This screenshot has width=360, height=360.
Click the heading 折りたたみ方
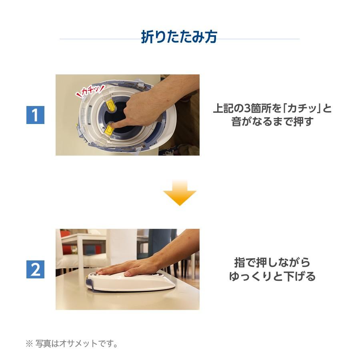click(x=179, y=37)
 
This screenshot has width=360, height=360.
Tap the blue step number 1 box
click(x=35, y=115)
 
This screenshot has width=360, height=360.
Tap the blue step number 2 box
click(x=35, y=269)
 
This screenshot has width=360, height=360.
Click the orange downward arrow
click(x=180, y=193)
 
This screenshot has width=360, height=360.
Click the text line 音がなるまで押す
click(x=272, y=122)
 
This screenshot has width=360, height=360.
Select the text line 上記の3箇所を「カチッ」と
click(x=272, y=108)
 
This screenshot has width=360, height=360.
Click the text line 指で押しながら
click(x=272, y=263)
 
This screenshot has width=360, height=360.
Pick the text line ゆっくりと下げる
click(x=272, y=276)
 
